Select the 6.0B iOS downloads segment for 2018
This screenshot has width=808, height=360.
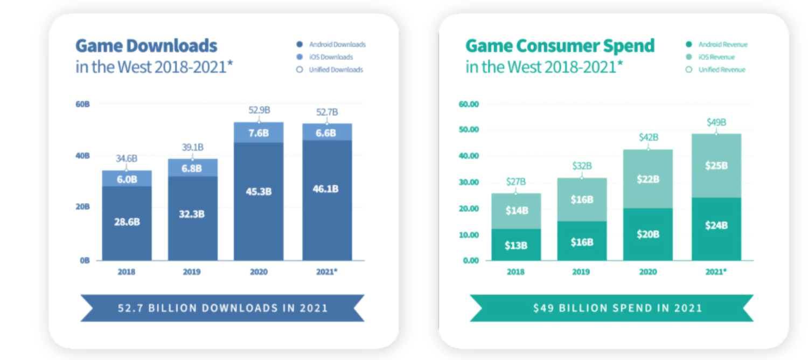coord(127,179)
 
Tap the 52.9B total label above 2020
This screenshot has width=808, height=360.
coord(259,110)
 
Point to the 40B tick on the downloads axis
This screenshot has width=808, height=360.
coord(82,156)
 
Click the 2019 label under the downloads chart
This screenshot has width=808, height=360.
coord(192,272)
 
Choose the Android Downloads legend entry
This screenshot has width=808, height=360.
coord(337,44)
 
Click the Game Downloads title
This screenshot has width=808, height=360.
coord(146,46)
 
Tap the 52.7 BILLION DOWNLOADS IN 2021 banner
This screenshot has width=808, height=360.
coord(222,308)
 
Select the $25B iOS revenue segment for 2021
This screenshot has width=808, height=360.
coord(716,166)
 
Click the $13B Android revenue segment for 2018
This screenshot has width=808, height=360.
coord(516,245)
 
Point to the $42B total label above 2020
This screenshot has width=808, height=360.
coord(648,137)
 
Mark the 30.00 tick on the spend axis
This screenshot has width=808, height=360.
coord(469,182)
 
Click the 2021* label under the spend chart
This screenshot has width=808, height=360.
coord(716,272)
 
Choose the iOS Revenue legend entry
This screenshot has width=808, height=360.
coord(716,57)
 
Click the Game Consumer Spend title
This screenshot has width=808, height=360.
coord(560,46)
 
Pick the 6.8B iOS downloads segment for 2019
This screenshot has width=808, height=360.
coord(192,168)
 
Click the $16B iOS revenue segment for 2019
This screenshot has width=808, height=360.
coord(582,199)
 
